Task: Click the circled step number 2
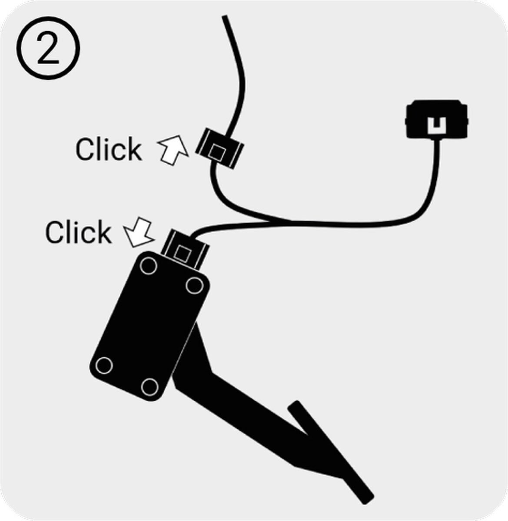point(48,48)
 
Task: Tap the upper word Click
point(109,149)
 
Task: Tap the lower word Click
point(78,232)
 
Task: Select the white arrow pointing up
point(174,149)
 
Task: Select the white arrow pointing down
point(139,232)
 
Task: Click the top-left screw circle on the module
point(149,266)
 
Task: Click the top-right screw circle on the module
point(195,285)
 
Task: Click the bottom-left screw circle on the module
point(104,365)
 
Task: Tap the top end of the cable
point(225,16)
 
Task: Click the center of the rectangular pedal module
point(149,326)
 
